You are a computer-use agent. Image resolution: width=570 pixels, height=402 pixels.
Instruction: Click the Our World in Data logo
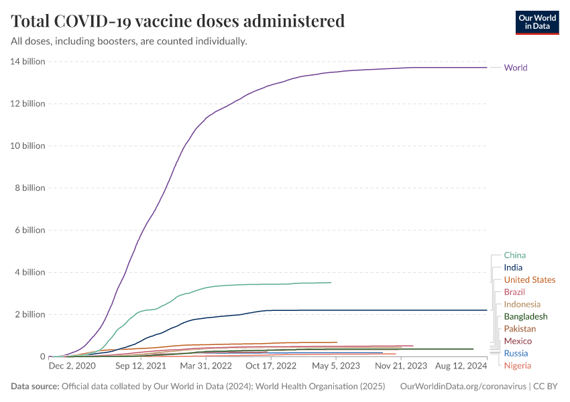(x=536, y=21)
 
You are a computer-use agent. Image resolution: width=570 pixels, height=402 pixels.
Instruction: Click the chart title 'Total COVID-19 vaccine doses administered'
(x=178, y=21)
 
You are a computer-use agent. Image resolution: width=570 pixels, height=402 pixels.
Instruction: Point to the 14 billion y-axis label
(x=27, y=62)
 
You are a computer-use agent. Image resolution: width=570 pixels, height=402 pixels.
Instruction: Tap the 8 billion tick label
(x=30, y=188)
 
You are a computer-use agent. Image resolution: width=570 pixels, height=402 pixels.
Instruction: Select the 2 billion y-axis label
(x=30, y=314)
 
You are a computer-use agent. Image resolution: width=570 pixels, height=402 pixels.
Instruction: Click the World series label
(x=516, y=68)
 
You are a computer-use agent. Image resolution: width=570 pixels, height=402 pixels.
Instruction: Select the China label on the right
(x=515, y=255)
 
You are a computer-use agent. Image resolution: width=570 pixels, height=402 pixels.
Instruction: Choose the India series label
(x=514, y=268)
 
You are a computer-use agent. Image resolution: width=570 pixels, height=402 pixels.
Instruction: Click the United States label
(x=530, y=280)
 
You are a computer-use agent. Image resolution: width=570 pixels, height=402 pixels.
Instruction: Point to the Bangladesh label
(x=526, y=317)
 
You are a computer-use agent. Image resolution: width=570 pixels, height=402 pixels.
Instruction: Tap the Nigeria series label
(x=518, y=366)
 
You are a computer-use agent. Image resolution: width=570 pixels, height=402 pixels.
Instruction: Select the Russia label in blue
(x=516, y=354)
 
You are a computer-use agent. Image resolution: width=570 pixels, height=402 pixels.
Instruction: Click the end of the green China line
(x=331, y=283)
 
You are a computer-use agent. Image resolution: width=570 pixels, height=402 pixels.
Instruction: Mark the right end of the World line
(x=487, y=68)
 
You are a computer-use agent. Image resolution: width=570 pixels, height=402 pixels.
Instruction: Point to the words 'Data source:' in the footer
(x=35, y=387)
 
